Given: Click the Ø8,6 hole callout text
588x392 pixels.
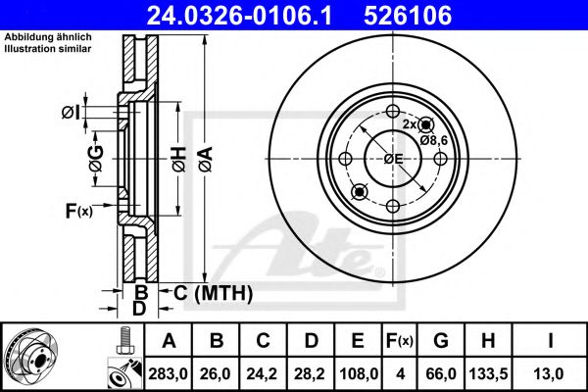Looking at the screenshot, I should pos(434,140).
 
